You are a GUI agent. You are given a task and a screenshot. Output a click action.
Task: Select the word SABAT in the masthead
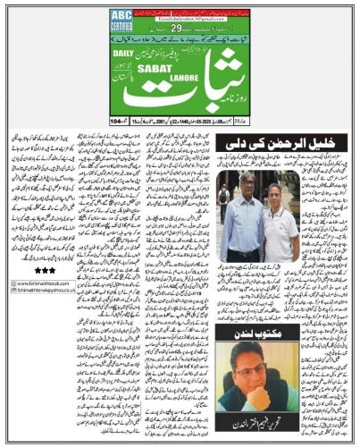tap(133, 71)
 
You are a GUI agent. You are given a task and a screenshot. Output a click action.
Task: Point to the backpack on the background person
tap(223, 194)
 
